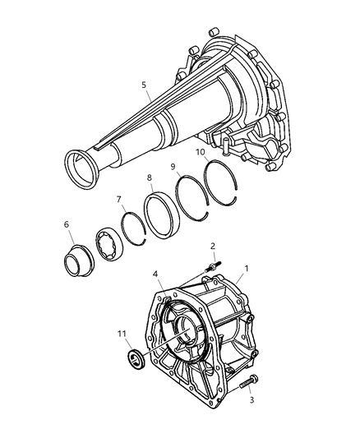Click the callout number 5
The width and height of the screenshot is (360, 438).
(145, 84)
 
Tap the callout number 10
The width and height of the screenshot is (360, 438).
(200, 152)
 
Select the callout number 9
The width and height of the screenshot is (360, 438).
(173, 167)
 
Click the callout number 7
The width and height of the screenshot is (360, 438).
(118, 199)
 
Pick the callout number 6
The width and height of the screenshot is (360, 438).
(67, 224)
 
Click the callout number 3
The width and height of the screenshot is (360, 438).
(251, 402)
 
